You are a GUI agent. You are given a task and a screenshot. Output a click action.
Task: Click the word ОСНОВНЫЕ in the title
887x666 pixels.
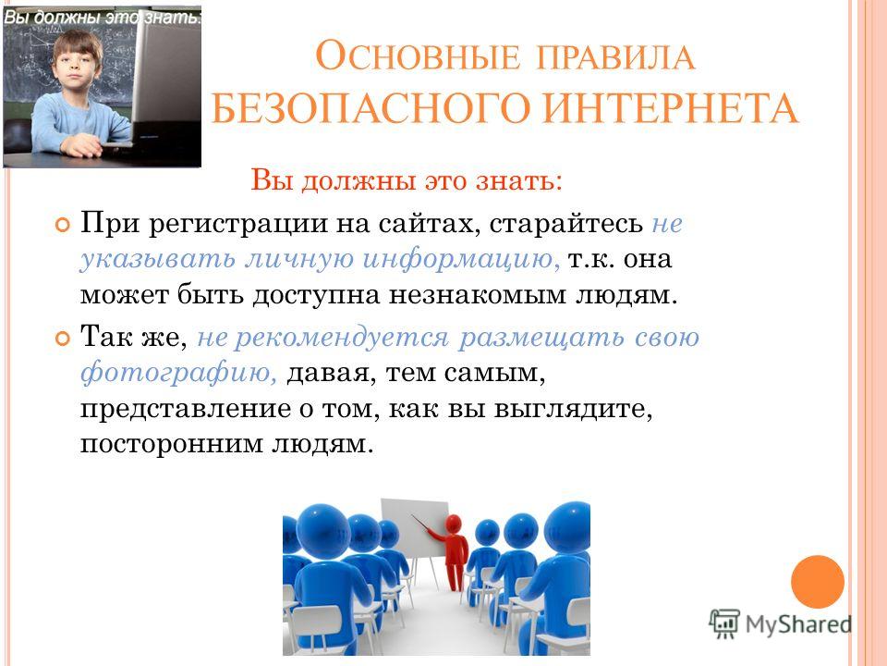417,56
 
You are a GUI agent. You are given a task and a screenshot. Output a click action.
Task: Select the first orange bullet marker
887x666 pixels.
62,226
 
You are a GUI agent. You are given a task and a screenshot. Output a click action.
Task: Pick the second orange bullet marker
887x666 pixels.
62,339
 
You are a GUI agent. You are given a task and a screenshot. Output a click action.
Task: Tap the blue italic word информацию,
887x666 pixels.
461,258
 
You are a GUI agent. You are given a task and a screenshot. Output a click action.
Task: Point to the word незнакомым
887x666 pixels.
477,295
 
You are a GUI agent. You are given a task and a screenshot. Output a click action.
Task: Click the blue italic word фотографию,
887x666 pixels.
179,373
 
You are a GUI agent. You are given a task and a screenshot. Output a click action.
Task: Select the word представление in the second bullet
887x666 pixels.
186,410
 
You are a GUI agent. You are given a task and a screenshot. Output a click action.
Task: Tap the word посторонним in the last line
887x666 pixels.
172,445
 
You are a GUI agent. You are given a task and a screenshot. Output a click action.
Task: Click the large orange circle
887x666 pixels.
818,582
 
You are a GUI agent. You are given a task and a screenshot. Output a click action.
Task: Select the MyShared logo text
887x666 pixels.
798,624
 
